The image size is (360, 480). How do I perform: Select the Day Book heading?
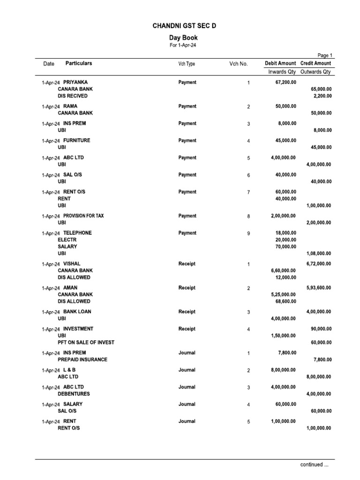[x=183, y=37]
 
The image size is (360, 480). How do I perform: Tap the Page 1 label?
[x=324, y=55]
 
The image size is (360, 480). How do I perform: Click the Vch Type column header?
[x=187, y=64]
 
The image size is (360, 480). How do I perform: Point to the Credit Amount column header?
[x=315, y=63]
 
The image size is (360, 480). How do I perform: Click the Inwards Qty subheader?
[x=282, y=72]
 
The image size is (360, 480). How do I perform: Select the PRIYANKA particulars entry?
[x=75, y=82]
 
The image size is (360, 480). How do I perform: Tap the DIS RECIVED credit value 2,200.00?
[x=322, y=96]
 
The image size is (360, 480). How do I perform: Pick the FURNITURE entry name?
[x=76, y=140]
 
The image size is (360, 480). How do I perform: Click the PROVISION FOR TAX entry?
[x=83, y=216]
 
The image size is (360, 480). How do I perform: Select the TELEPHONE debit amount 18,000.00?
[x=285, y=233]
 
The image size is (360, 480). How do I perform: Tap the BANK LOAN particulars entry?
[x=77, y=312]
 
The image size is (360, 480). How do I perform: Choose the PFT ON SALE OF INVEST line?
[x=86, y=342]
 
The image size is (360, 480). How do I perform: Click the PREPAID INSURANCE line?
[x=82, y=360]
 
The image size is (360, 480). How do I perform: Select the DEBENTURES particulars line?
[x=74, y=394]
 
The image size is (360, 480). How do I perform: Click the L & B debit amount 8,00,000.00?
[x=283, y=370]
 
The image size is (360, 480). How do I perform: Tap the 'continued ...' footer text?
[x=315, y=465]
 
